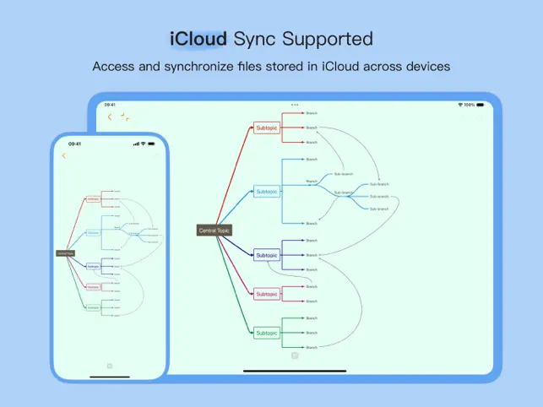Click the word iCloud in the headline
click(198, 39)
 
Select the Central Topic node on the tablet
click(214, 230)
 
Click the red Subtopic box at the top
click(266, 128)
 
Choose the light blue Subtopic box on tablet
click(266, 192)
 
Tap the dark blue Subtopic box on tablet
click(266, 255)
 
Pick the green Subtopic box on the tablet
click(266, 334)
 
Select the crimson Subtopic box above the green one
click(266, 294)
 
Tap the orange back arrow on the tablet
click(110, 117)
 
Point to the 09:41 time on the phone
click(75, 144)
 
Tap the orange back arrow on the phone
click(64, 155)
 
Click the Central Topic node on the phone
click(65, 252)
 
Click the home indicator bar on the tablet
click(295, 371)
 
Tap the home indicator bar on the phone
click(110, 377)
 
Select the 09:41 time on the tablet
click(110, 105)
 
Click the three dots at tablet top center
click(295, 105)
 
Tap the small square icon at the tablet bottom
click(295, 355)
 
